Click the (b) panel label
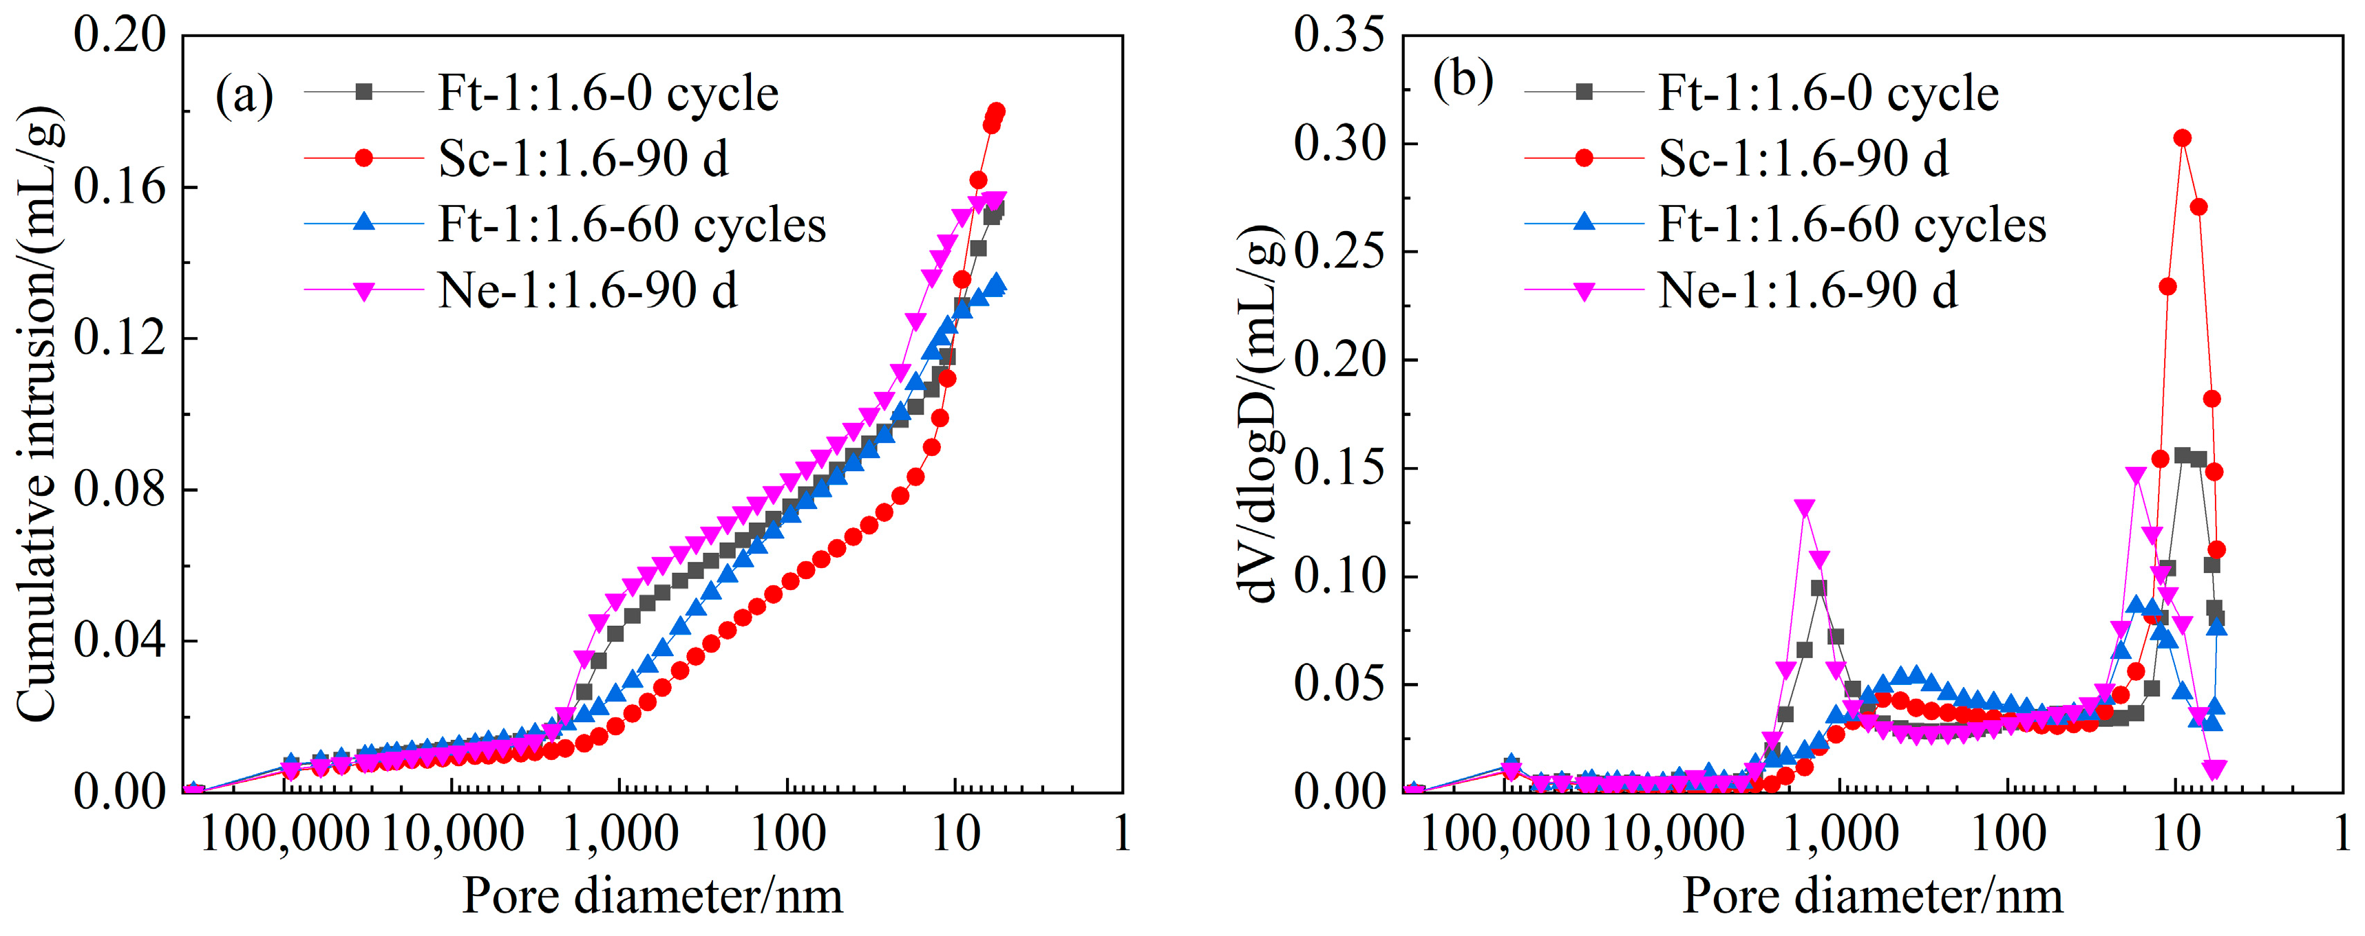click(x=1463, y=80)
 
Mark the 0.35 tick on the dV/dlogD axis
click(x=1339, y=36)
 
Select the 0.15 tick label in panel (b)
click(x=1339, y=468)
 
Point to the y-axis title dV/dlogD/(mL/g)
click(x=1263, y=413)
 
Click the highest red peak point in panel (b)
click(x=2183, y=138)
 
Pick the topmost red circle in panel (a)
click(x=996, y=111)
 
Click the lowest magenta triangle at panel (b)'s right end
click(x=2216, y=769)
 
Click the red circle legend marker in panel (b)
click(x=1584, y=159)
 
